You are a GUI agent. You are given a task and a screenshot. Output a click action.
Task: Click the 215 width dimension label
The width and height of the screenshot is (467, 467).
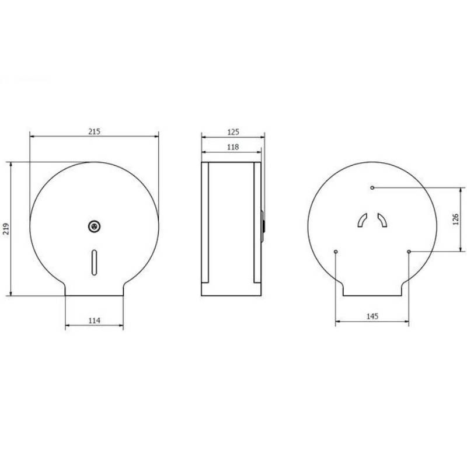[x=94, y=132]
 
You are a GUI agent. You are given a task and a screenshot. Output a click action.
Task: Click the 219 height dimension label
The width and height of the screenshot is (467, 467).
[x=6, y=229]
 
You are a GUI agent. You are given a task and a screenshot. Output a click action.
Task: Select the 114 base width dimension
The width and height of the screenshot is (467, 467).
[x=94, y=320]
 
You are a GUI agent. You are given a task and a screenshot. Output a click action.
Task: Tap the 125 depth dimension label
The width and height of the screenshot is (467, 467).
[x=233, y=132]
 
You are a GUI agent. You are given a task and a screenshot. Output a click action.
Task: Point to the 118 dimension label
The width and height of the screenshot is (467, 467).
[x=232, y=147]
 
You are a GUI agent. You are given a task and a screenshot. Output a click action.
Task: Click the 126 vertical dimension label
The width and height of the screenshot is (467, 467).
[x=456, y=219]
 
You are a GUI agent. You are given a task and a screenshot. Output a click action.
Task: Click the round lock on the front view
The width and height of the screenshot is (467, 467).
[x=93, y=225]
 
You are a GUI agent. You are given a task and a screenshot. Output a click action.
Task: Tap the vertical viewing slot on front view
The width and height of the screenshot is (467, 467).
[x=93, y=260]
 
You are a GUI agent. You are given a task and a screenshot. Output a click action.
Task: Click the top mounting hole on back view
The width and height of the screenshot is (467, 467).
[x=372, y=187]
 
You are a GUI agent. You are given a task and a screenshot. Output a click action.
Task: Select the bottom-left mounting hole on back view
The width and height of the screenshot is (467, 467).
[x=335, y=252]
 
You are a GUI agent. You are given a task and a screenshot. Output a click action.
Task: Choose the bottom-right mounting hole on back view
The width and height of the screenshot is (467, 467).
[x=409, y=252]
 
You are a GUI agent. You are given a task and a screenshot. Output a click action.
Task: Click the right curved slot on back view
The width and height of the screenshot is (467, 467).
[x=382, y=219]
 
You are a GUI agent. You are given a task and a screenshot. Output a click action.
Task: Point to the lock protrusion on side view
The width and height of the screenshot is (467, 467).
[x=264, y=224]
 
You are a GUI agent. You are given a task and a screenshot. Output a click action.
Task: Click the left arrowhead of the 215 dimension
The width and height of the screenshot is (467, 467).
[x=32, y=138]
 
